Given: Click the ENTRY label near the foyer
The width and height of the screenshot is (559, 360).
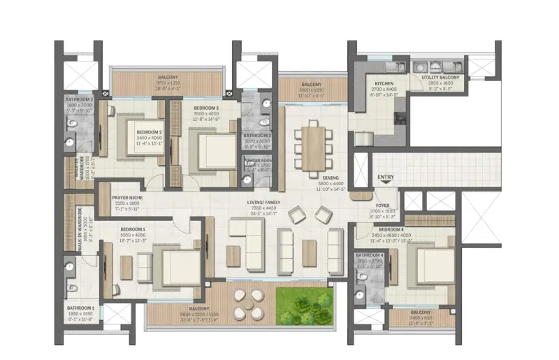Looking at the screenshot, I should point(386,178).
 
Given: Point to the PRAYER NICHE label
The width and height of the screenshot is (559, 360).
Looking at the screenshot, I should point(128,198).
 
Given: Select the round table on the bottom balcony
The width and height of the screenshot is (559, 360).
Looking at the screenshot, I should point(245,304).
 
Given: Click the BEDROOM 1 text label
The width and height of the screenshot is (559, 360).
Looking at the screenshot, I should point(133,229).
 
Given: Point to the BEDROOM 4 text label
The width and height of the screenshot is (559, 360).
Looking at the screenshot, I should point(391,229).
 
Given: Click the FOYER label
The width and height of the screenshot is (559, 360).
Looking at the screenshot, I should point(386,206).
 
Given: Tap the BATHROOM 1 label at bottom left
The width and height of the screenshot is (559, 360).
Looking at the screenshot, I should point(80,308).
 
